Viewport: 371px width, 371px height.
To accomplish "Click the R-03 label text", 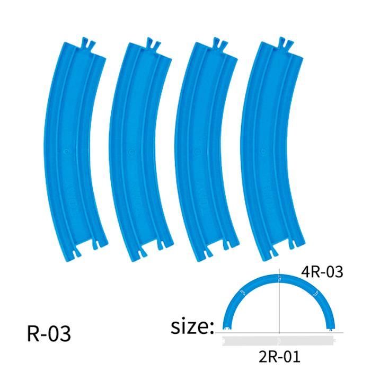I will [x=48, y=334].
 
